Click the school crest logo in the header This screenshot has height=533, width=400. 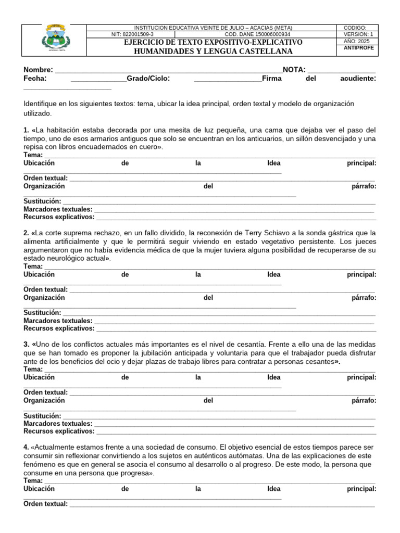(x=54, y=40)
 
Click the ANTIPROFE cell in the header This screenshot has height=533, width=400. (x=359, y=48)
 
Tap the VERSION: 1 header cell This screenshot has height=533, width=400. (x=359, y=34)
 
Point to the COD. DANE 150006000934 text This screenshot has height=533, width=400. (x=257, y=34)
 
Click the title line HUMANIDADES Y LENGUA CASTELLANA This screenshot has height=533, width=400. (x=213, y=51)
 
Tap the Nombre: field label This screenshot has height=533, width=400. (x=38, y=70)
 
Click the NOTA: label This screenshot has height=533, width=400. (x=294, y=70)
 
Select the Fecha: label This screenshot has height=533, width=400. (x=35, y=79)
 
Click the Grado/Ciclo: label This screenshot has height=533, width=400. (x=148, y=79)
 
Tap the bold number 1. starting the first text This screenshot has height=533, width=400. (x=27, y=130)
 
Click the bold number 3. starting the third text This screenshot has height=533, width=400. (x=27, y=345)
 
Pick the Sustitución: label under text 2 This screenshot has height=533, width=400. (x=43, y=313)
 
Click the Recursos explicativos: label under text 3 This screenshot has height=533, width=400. (x=59, y=431)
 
